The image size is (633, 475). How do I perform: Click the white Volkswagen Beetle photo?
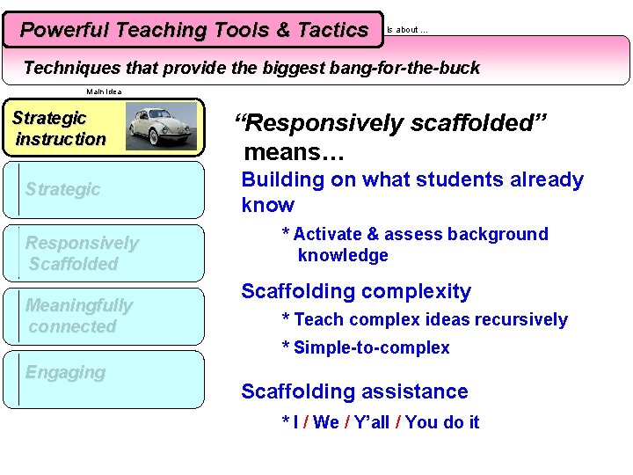(161, 127)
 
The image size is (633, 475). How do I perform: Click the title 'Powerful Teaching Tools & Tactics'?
(193, 30)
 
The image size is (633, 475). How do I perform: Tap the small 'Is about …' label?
(407, 30)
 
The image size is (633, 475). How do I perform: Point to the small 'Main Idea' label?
(104, 91)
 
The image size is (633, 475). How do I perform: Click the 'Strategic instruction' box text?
(60, 128)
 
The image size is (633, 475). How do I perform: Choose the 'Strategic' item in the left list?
(62, 189)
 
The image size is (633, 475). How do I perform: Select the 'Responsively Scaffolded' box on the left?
(82, 253)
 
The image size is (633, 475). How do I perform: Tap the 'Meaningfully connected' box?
(78, 316)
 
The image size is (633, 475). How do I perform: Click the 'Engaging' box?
(65, 372)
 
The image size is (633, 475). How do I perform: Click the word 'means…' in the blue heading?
(294, 153)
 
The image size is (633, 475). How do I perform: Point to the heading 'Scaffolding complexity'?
(356, 291)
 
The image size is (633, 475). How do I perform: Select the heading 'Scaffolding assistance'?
(354, 391)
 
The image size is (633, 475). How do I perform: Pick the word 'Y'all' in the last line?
(368, 422)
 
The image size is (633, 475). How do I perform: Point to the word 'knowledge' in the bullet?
(343, 255)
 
